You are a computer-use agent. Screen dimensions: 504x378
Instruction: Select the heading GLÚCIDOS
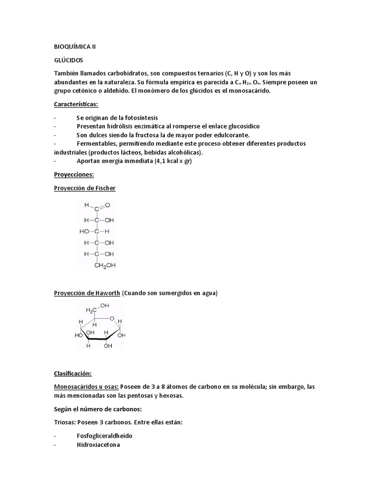tap(69, 60)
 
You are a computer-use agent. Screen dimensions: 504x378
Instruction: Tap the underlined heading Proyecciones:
tap(73, 174)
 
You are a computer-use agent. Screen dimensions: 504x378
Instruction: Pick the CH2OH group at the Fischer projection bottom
tap(105, 266)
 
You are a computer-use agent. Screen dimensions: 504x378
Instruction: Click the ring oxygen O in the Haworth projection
tap(112, 318)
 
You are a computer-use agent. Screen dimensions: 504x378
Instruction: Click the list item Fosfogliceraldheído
tap(104, 436)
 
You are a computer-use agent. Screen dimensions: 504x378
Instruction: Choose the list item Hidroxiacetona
tap(98, 444)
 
